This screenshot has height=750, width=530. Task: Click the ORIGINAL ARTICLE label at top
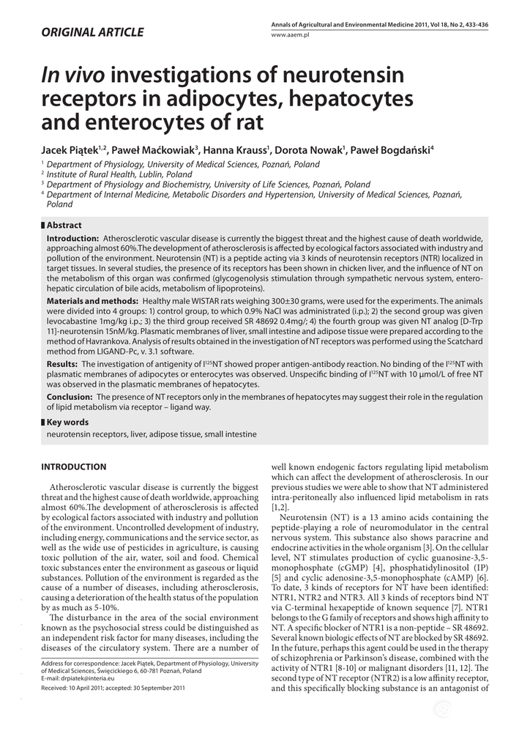click(92, 32)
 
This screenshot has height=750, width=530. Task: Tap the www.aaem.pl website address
click(291, 34)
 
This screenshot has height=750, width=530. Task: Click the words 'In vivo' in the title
click(74, 75)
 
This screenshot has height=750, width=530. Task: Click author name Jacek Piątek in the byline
click(70, 150)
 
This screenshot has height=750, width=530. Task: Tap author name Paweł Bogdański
click(394, 150)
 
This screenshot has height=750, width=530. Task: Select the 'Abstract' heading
click(64, 226)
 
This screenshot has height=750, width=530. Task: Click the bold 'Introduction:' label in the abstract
click(72, 239)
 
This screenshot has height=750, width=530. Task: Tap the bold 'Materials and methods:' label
click(92, 302)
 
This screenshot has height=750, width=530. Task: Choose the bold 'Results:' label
click(62, 364)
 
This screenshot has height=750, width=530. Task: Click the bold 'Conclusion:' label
click(70, 396)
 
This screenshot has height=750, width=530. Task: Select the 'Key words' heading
click(67, 422)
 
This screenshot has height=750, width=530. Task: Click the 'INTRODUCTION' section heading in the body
click(73, 467)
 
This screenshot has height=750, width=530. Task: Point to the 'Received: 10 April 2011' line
click(81, 688)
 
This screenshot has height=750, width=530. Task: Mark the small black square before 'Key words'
click(42, 422)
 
